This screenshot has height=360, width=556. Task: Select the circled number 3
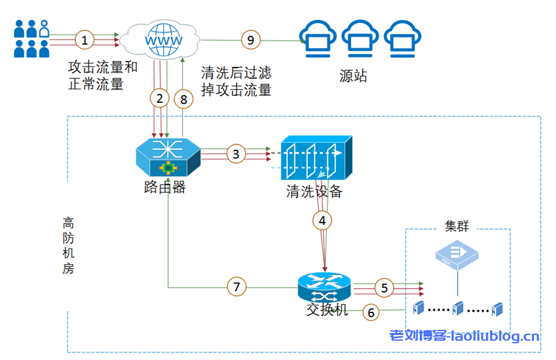(x=236, y=154)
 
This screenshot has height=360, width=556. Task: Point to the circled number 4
(x=323, y=220)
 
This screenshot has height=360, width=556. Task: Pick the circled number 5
(x=384, y=287)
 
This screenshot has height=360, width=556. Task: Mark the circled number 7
(x=236, y=287)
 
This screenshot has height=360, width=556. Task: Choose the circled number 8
(x=184, y=98)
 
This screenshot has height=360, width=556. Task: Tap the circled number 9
(x=251, y=39)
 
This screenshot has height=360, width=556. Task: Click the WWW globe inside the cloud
(x=160, y=39)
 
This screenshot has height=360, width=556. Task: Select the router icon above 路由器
(x=168, y=156)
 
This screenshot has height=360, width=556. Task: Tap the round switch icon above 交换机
(x=324, y=287)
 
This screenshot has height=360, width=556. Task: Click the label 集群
(x=457, y=226)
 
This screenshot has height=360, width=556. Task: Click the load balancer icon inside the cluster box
(x=457, y=255)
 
